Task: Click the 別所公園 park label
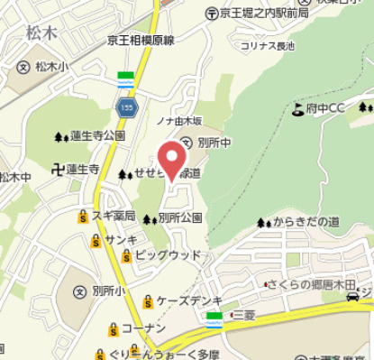click(179, 217)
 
